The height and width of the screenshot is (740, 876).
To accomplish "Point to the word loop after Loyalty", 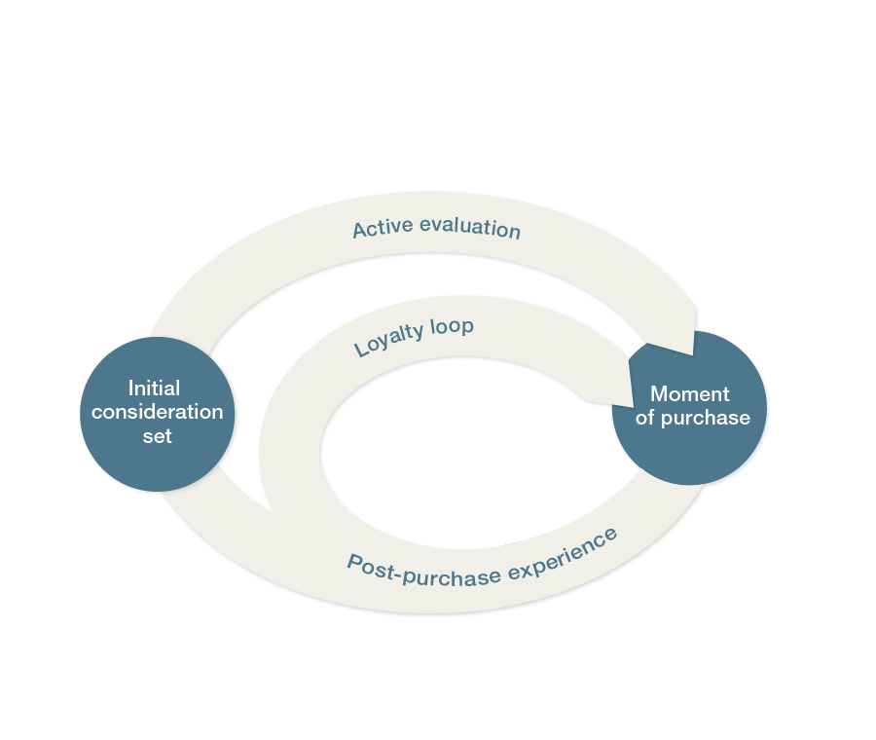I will pos(452,326).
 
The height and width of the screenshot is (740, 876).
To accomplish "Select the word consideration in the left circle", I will pos(157,412).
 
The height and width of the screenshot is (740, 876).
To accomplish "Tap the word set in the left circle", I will pos(157,436).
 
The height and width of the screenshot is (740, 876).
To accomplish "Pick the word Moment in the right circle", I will pos(689,394).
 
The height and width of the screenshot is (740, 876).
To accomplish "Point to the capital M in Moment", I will pos(660,394).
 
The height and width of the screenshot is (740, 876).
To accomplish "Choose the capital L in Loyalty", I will pos(359,347).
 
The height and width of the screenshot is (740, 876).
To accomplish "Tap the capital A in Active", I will pos(359,230).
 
